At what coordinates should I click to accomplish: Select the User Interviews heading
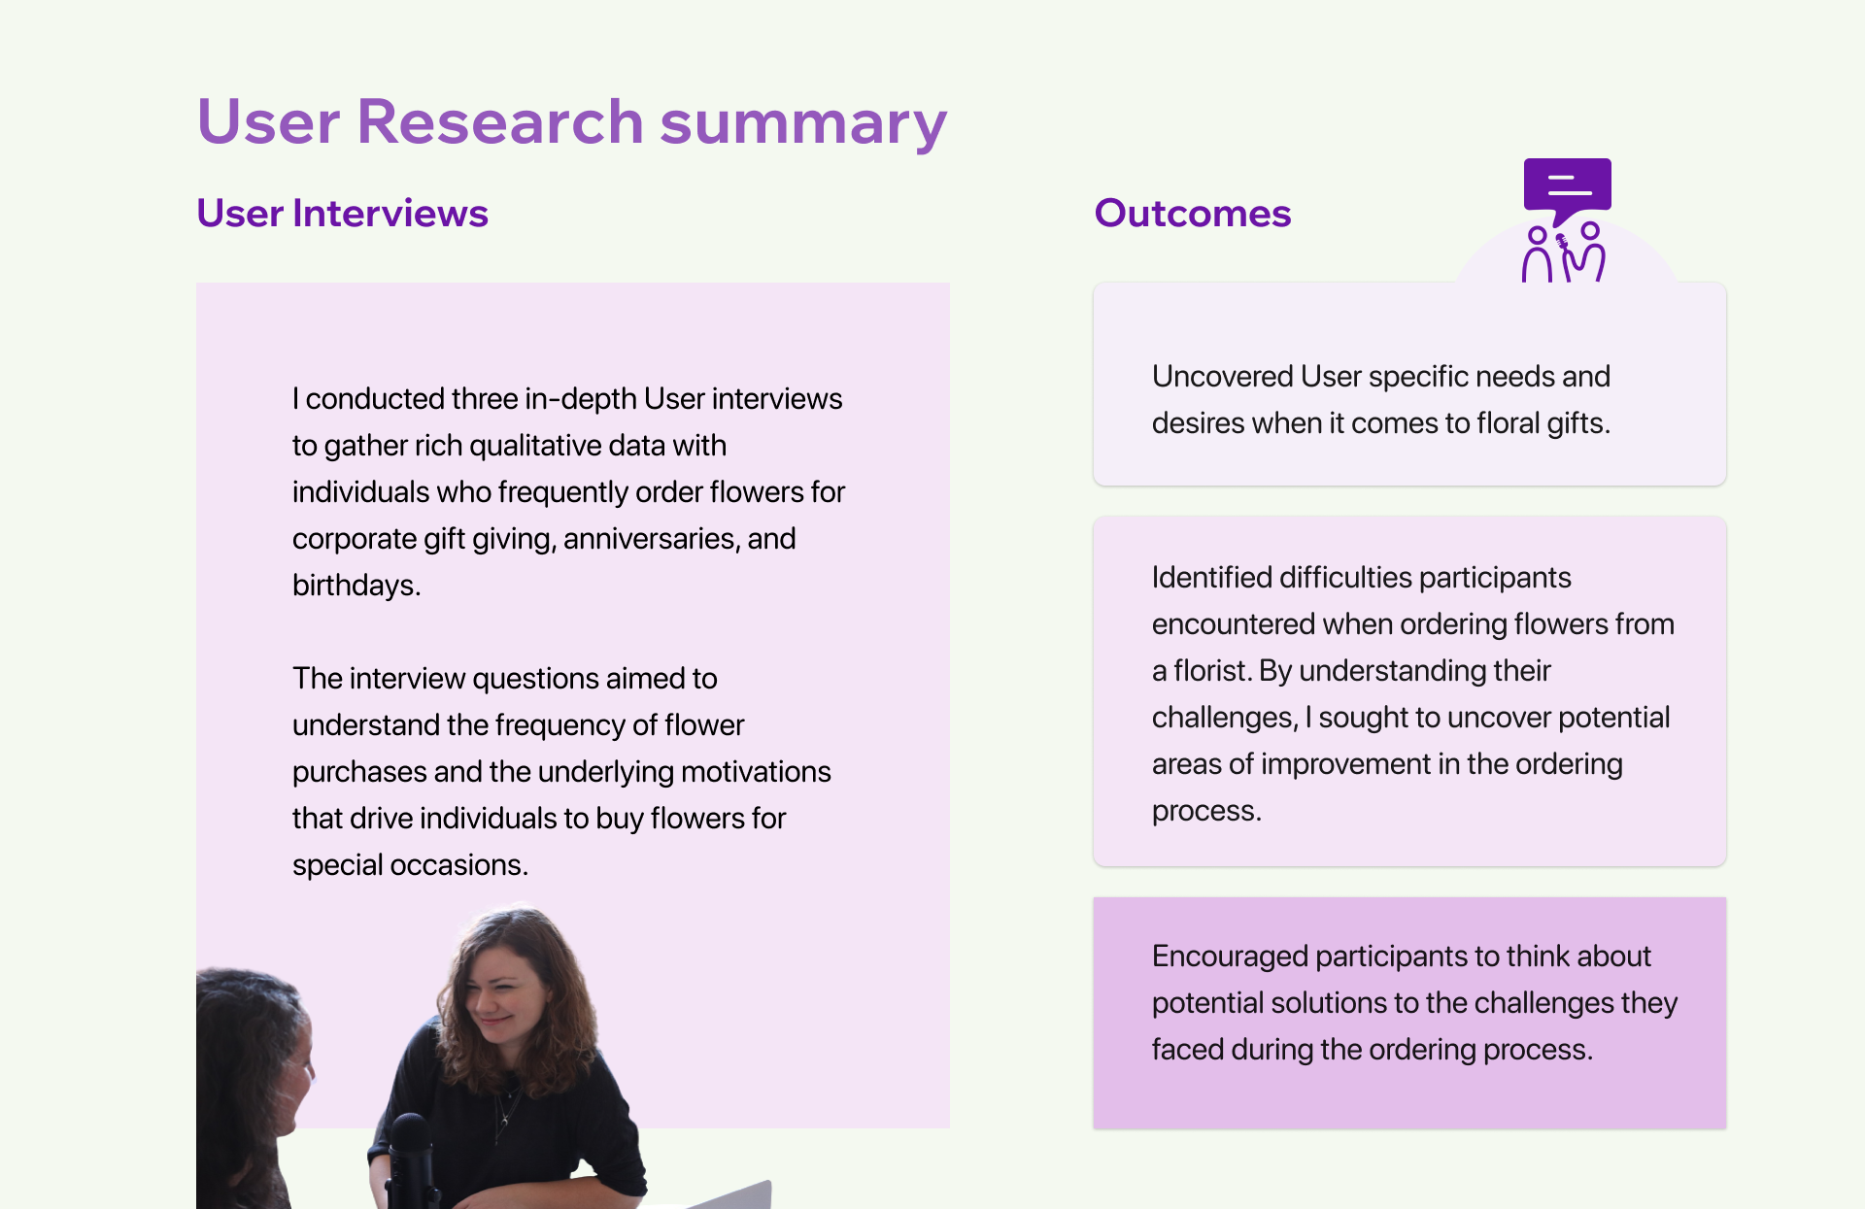tap(342, 213)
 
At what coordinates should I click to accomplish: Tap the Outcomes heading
tap(1193, 213)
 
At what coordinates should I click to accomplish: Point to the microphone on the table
tap(410, 1160)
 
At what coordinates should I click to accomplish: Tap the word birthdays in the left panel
tap(356, 586)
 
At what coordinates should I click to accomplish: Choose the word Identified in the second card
tap(1211, 578)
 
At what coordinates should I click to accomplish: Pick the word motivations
tap(756, 772)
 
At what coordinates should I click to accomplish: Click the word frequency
tap(559, 725)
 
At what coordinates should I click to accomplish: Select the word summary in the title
tap(803, 123)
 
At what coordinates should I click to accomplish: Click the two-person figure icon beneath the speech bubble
tap(1563, 252)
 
